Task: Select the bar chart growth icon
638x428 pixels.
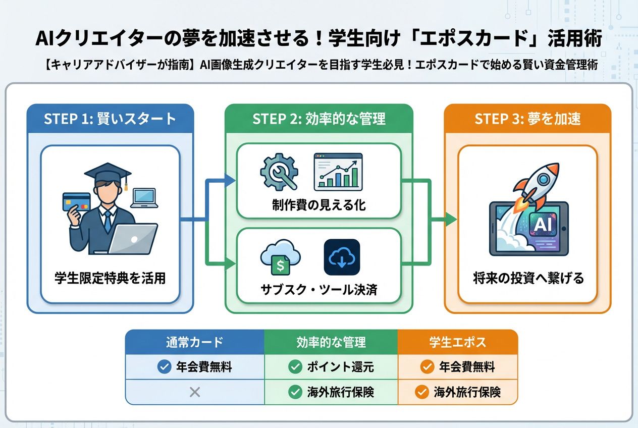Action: click(x=338, y=172)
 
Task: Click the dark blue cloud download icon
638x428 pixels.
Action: click(x=342, y=257)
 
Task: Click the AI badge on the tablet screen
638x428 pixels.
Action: click(x=543, y=225)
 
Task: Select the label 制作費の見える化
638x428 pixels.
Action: click(x=318, y=205)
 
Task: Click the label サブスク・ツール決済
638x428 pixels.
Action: click(x=318, y=290)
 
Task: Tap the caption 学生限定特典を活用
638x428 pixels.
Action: click(x=110, y=278)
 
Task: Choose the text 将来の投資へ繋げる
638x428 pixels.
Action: click(x=528, y=278)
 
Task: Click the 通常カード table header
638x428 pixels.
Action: click(x=194, y=342)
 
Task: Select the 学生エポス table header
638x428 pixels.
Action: click(x=457, y=342)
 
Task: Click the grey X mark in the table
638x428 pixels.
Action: click(x=194, y=392)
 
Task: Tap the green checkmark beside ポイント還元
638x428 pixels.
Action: click(x=295, y=367)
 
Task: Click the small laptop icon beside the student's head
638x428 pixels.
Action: click(x=144, y=197)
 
